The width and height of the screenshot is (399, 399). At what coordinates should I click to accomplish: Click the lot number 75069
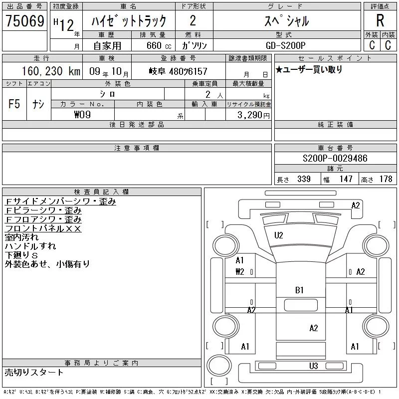25,21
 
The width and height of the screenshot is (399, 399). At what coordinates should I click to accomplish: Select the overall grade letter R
380,20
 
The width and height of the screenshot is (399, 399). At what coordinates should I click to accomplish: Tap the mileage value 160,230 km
51,71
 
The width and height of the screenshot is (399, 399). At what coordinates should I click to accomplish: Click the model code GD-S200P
285,45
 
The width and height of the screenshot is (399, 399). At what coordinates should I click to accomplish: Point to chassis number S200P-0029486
335,158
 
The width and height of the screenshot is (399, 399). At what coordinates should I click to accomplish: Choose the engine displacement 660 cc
159,45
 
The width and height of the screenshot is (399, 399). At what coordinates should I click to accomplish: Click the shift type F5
14,104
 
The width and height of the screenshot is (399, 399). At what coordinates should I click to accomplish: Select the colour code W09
82,115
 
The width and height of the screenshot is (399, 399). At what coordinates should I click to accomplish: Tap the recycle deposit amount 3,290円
253,115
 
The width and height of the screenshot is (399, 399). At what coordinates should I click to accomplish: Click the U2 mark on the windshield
279,235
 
